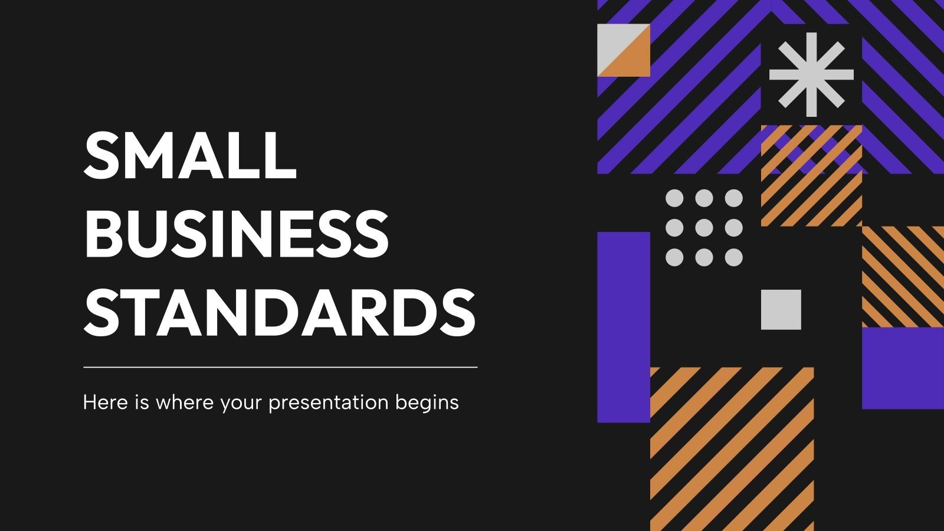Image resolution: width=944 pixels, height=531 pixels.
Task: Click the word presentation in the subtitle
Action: pyautogui.click(x=329, y=403)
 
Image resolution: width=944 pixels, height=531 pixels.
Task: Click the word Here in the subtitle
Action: pyautogui.click(x=101, y=402)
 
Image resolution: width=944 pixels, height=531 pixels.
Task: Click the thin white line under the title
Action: pyautogui.click(x=280, y=367)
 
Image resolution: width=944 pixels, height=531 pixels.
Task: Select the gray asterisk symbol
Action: pyautogui.click(x=811, y=74)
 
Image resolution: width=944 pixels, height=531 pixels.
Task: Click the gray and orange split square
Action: pyautogui.click(x=624, y=50)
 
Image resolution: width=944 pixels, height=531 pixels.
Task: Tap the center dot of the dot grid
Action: pyautogui.click(x=704, y=228)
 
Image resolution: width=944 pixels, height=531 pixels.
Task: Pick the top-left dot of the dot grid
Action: pyautogui.click(x=674, y=198)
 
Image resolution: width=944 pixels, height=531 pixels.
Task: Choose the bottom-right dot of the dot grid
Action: pyautogui.click(x=733, y=257)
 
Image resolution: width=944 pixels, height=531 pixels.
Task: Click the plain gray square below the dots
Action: pyautogui.click(x=781, y=309)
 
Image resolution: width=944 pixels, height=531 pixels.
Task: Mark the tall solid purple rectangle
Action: pyautogui.click(x=624, y=327)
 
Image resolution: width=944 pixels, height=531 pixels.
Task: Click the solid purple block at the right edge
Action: pyautogui.click(x=903, y=368)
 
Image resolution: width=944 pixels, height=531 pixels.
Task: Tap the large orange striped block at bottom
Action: pyautogui.click(x=732, y=448)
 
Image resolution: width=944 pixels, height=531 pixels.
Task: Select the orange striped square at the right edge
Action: pyautogui.click(x=903, y=277)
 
